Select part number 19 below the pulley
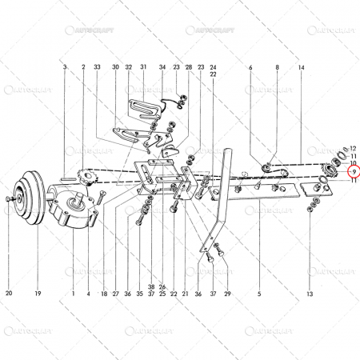click(38, 293)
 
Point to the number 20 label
click(10, 293)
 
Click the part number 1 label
click(73, 293)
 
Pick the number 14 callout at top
click(302, 69)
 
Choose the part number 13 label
click(310, 293)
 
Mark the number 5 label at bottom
click(259, 293)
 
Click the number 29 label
click(227, 293)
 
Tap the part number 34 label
click(162, 67)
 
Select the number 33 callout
click(97, 67)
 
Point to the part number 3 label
click(64, 69)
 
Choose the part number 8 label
click(278, 69)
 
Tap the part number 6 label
click(250, 69)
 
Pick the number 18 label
click(104, 293)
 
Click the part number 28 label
click(189, 67)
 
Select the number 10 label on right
click(353, 163)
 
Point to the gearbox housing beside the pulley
click(72, 208)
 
